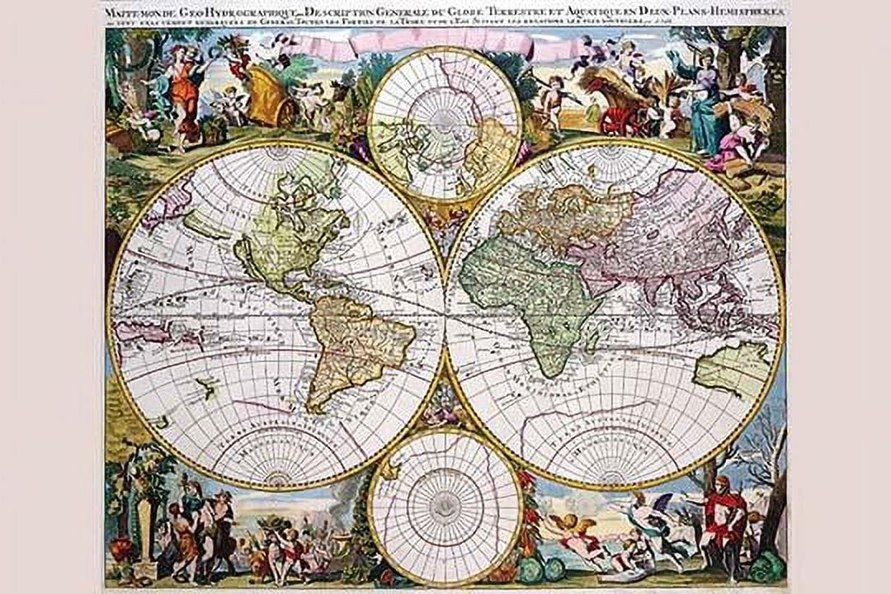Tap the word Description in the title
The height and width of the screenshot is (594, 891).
tap(309, 12)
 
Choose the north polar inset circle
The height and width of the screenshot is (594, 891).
tap(445, 125)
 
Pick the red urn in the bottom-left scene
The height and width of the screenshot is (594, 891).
tap(121, 548)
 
